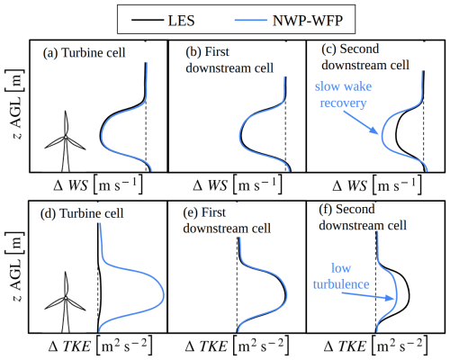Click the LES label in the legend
point(181,21)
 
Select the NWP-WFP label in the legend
point(308,21)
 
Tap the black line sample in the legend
point(148,21)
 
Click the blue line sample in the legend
point(251,21)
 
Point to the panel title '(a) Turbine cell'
point(84,53)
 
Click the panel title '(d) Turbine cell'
point(82,213)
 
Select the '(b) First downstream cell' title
point(229,60)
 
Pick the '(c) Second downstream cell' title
point(365,57)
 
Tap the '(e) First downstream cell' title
point(227,220)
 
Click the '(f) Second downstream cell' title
point(363,217)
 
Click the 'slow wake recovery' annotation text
point(343,94)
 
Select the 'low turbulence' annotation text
point(341,276)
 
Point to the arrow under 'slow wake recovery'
point(360,122)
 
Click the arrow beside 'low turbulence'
point(368,296)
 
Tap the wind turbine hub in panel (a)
point(66,137)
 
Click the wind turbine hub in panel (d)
point(66,298)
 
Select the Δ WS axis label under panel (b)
point(237,184)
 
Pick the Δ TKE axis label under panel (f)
point(375,346)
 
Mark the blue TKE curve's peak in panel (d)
point(164,293)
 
